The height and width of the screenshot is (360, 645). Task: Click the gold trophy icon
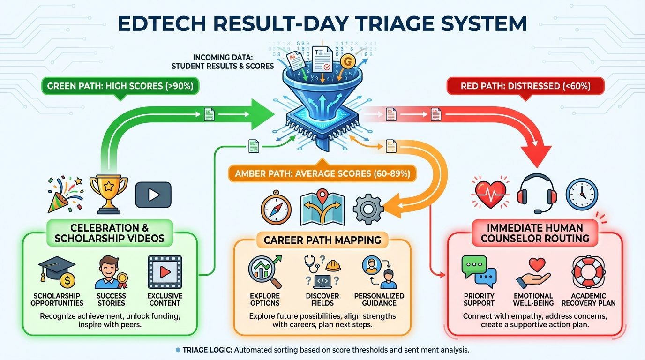click(108, 192)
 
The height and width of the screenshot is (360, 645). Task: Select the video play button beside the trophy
click(153, 195)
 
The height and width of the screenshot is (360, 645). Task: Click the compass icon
click(276, 208)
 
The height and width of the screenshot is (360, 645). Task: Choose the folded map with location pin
click(322, 207)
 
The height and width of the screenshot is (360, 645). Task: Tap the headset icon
click(536, 193)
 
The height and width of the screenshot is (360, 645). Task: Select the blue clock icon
click(581, 193)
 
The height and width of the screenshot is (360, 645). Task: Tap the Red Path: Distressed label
click(525, 86)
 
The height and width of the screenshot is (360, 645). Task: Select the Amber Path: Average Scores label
click(322, 174)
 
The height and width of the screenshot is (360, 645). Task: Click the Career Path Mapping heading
click(322, 240)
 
